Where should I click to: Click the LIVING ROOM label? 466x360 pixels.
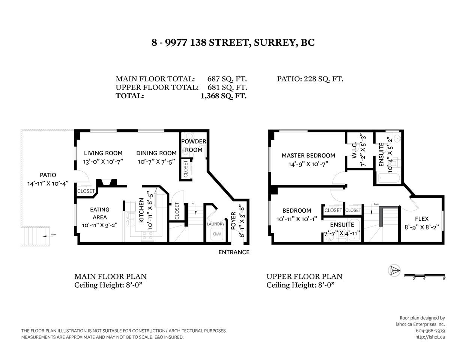click(x=103, y=153)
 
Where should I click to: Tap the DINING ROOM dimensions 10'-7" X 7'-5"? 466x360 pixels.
click(x=156, y=162)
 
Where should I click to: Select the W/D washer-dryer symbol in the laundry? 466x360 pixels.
click(x=217, y=234)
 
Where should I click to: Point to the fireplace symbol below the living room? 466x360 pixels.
click(x=107, y=183)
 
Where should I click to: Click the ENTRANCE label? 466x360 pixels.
click(x=234, y=252)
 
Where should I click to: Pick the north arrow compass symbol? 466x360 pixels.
click(x=394, y=270)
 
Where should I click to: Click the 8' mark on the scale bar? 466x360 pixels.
click(x=444, y=278)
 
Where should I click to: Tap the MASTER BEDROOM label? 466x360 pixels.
click(x=308, y=155)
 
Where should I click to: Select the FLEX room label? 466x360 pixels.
click(x=422, y=219)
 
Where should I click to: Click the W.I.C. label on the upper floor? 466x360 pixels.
click(x=354, y=150)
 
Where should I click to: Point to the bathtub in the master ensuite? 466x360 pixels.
click(x=389, y=178)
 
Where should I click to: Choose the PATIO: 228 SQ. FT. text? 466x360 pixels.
click(x=310, y=79)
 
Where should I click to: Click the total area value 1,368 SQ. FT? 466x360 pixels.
click(x=224, y=96)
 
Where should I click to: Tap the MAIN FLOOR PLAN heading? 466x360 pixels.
click(x=110, y=276)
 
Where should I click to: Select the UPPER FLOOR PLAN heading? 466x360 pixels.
click(x=304, y=276)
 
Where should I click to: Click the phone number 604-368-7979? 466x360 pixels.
click(x=430, y=331)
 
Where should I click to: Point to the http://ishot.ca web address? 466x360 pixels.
click(x=430, y=337)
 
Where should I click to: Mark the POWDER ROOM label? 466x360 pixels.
click(x=194, y=145)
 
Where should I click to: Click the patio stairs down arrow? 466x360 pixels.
click(x=45, y=236)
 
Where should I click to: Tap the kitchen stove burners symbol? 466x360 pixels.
click(x=147, y=236)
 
